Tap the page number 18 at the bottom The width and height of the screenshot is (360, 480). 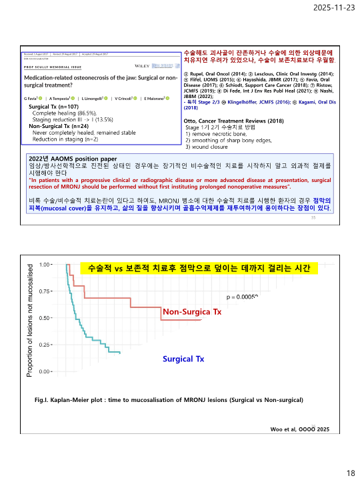[350, 473]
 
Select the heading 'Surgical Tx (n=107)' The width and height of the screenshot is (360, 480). [55, 107]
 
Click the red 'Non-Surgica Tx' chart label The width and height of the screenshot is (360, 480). [192, 312]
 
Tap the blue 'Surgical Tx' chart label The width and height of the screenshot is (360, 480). [183, 359]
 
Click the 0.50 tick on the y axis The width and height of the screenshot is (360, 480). [46, 318]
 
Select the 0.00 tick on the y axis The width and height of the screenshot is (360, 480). [46, 371]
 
